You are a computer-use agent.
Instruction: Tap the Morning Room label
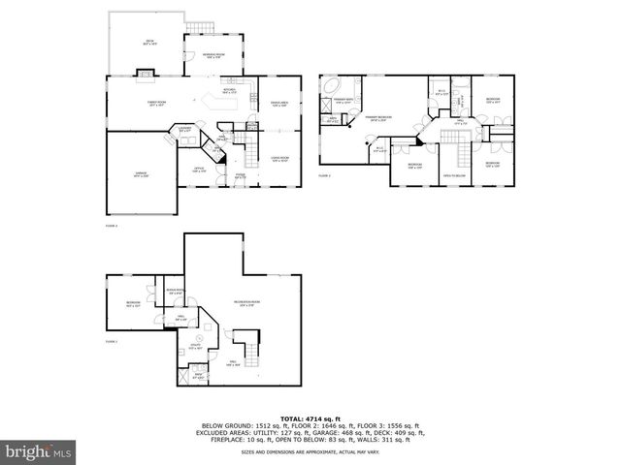pyautogui.click(x=214, y=55)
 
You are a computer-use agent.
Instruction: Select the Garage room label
pyautogui.click(x=140, y=174)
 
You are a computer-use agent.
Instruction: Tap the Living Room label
pyautogui.click(x=281, y=158)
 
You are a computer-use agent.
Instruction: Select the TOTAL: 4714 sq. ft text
pyautogui.click(x=310, y=415)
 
